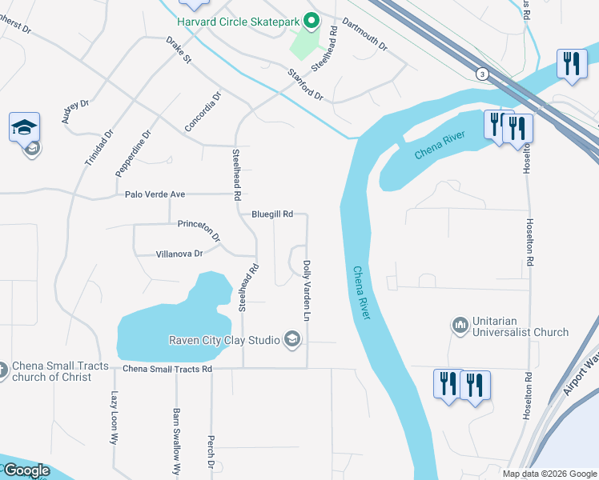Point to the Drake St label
[179, 50]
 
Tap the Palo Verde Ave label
[155, 194]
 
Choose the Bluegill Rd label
[272, 214]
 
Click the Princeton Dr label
[199, 230]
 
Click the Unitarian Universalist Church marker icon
[460, 325]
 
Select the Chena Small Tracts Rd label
[167, 369]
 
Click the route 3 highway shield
[481, 74]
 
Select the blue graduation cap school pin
[24, 127]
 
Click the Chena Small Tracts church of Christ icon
[2, 370]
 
